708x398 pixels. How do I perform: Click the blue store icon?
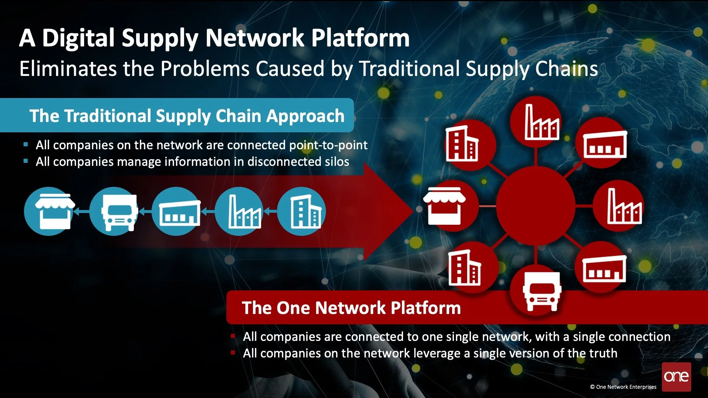(x=49, y=211)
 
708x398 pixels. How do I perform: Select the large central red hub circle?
(x=535, y=206)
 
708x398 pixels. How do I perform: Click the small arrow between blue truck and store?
(x=82, y=212)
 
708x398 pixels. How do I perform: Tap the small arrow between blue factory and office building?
(x=271, y=211)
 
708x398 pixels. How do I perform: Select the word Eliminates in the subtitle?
(x=68, y=69)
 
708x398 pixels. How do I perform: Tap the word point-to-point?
(x=328, y=145)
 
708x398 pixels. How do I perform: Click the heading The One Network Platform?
(x=351, y=308)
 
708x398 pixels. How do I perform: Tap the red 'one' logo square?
(x=676, y=377)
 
